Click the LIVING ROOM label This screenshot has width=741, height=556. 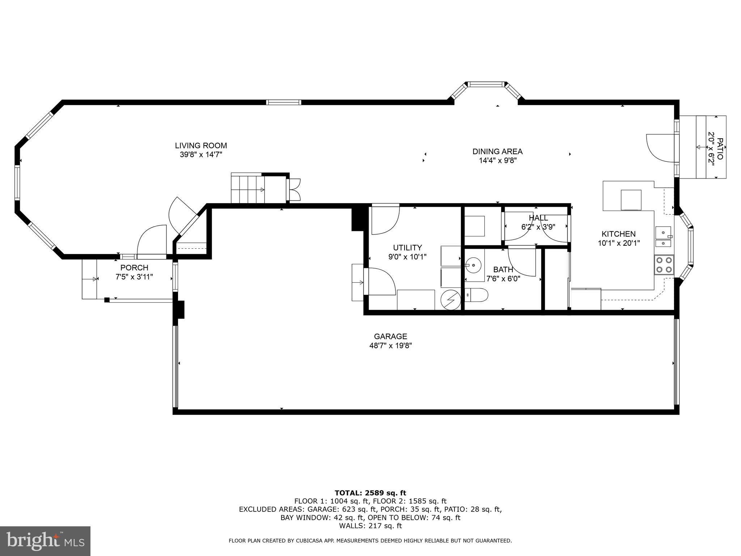click(201, 146)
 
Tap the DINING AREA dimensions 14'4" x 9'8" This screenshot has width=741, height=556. click(497, 160)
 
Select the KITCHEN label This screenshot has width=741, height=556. click(618, 234)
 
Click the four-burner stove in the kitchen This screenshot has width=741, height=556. click(664, 264)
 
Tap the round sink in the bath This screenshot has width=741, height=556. click(473, 265)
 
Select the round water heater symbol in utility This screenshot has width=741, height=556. click(450, 299)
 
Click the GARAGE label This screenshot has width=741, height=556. click(390, 336)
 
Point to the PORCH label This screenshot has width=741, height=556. click(134, 268)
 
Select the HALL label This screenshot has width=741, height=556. click(538, 218)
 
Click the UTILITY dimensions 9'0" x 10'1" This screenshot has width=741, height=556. click(407, 257)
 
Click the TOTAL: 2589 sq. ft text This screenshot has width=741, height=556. click(370, 493)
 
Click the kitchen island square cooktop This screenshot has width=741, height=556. click(631, 200)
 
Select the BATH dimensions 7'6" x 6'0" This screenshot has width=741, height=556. click(503, 279)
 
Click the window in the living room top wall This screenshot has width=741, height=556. click(284, 102)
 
